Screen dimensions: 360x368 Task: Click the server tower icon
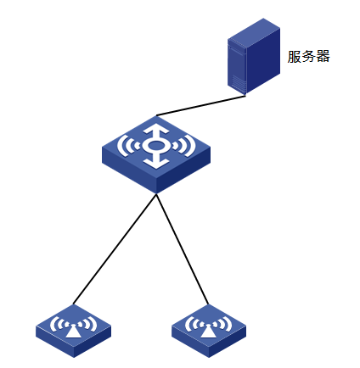point(254,56)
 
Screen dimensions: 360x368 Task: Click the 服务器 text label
point(309,57)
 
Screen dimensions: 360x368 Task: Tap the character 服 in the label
point(295,57)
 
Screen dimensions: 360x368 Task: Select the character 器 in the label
point(323,57)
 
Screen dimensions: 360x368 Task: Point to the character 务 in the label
point(309,57)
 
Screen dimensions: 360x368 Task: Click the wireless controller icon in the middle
point(156,154)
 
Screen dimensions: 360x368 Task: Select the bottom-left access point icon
point(74,331)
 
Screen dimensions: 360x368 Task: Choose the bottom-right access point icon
point(209,331)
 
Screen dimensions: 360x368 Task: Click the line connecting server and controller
point(201,105)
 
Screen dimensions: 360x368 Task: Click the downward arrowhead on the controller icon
point(156,164)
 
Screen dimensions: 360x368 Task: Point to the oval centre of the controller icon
point(156,146)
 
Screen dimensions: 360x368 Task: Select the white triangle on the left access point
point(73,332)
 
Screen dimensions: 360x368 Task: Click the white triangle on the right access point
point(208,332)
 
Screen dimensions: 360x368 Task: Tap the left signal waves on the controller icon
point(128,146)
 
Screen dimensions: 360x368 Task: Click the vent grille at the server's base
point(238,81)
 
